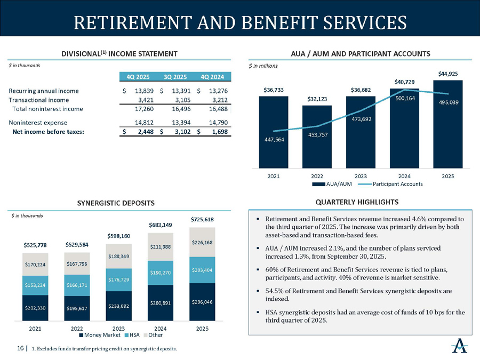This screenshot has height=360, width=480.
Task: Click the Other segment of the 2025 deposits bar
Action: coord(202,242)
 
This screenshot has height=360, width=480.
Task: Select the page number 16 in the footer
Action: coord(20,348)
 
